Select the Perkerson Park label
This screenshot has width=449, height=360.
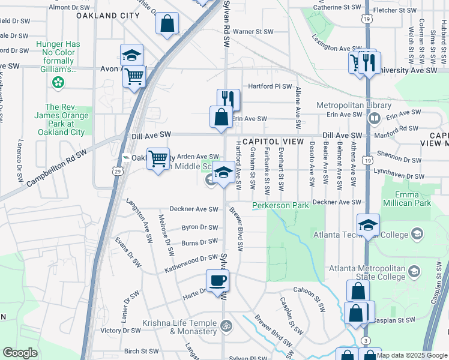click(x=280, y=205)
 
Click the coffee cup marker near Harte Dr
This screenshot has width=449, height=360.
click(x=217, y=279)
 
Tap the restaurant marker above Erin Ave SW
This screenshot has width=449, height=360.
click(x=228, y=98)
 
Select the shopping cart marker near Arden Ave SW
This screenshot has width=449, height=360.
click(x=158, y=159)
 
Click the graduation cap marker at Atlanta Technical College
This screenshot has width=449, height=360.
click(x=368, y=225)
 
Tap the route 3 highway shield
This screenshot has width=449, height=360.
click(x=366, y=341)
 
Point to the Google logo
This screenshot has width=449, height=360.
click(x=19, y=353)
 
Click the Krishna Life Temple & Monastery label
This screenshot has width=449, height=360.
click(x=179, y=327)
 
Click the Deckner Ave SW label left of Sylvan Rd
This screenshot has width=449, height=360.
click(x=194, y=209)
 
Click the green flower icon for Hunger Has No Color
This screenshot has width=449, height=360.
click(x=58, y=83)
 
